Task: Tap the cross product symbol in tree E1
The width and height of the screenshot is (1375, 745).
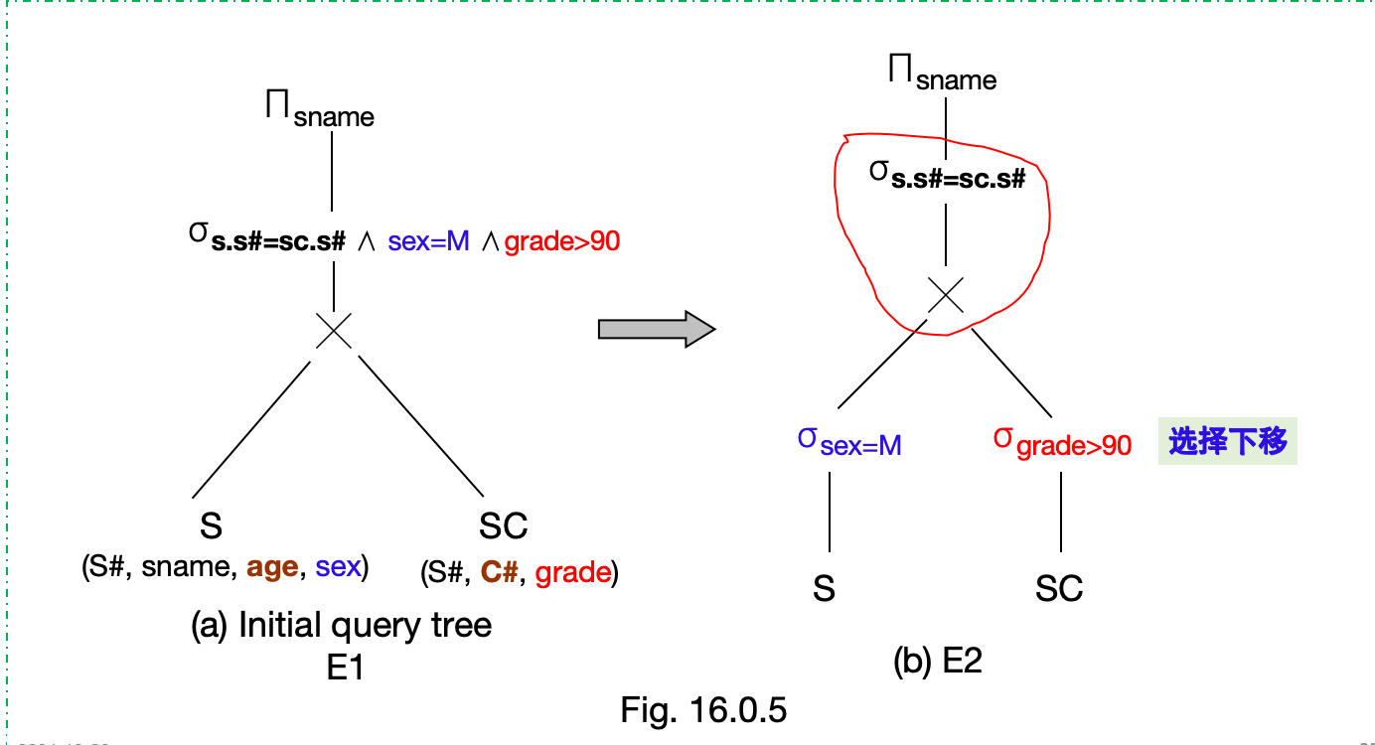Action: [334, 330]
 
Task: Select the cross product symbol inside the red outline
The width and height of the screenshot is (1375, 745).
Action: [946, 295]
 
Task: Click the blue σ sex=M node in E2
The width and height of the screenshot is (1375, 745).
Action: [849, 443]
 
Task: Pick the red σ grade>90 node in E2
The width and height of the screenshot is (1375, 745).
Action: [1062, 443]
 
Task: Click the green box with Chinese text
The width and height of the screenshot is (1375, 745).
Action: [1228, 443]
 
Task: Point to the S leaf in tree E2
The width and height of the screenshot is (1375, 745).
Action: [824, 589]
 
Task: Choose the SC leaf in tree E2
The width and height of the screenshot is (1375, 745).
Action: [1058, 589]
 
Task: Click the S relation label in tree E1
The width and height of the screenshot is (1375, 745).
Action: [211, 525]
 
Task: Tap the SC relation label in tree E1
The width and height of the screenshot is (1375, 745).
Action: [503, 525]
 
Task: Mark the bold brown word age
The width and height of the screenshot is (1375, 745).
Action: [272, 567]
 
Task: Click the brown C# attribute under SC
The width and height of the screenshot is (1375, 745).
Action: [499, 573]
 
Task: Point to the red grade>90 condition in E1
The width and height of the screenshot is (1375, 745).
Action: [562, 241]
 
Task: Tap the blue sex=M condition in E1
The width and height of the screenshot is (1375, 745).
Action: [428, 241]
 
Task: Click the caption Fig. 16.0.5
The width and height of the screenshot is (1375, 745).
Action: [703, 710]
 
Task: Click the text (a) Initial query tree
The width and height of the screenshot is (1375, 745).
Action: [341, 626]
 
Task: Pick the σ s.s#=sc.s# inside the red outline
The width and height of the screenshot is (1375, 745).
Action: [947, 176]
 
